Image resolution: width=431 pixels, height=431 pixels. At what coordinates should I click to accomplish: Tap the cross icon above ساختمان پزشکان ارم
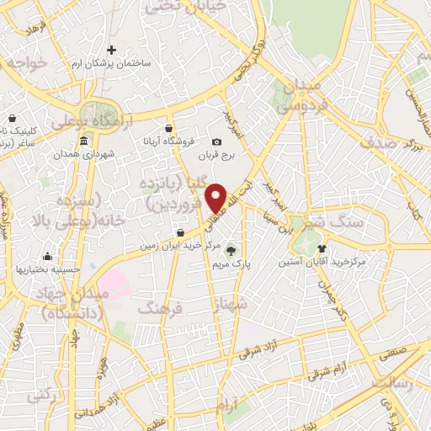pyautogui.click(x=110, y=50)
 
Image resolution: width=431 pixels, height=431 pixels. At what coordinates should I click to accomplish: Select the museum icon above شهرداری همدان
pyautogui.click(x=82, y=141)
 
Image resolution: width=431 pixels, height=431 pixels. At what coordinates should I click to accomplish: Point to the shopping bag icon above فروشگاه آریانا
pyautogui.click(x=169, y=128)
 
